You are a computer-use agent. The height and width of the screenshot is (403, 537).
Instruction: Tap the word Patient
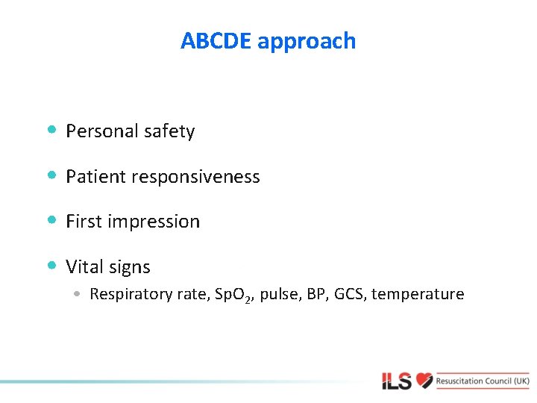95,177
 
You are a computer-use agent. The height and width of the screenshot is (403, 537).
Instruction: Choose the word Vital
86,266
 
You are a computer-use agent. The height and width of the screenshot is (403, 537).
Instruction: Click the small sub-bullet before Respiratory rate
78,294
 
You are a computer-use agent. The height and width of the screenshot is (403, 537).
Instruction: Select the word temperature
418,295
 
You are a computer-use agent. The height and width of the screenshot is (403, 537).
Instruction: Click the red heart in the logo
424,381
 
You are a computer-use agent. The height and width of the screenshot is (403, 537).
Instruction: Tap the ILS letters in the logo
397,381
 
